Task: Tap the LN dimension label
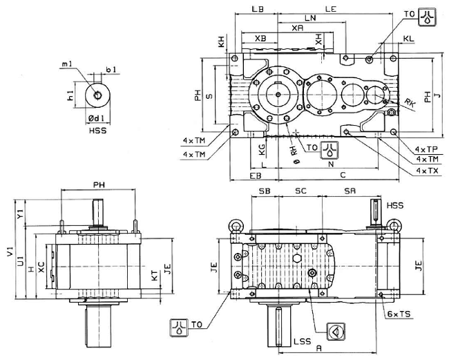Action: click(309, 18)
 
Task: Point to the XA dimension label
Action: click(297, 28)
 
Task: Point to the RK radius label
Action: click(410, 103)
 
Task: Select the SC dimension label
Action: click(300, 190)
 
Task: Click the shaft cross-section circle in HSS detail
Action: click(95, 93)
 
